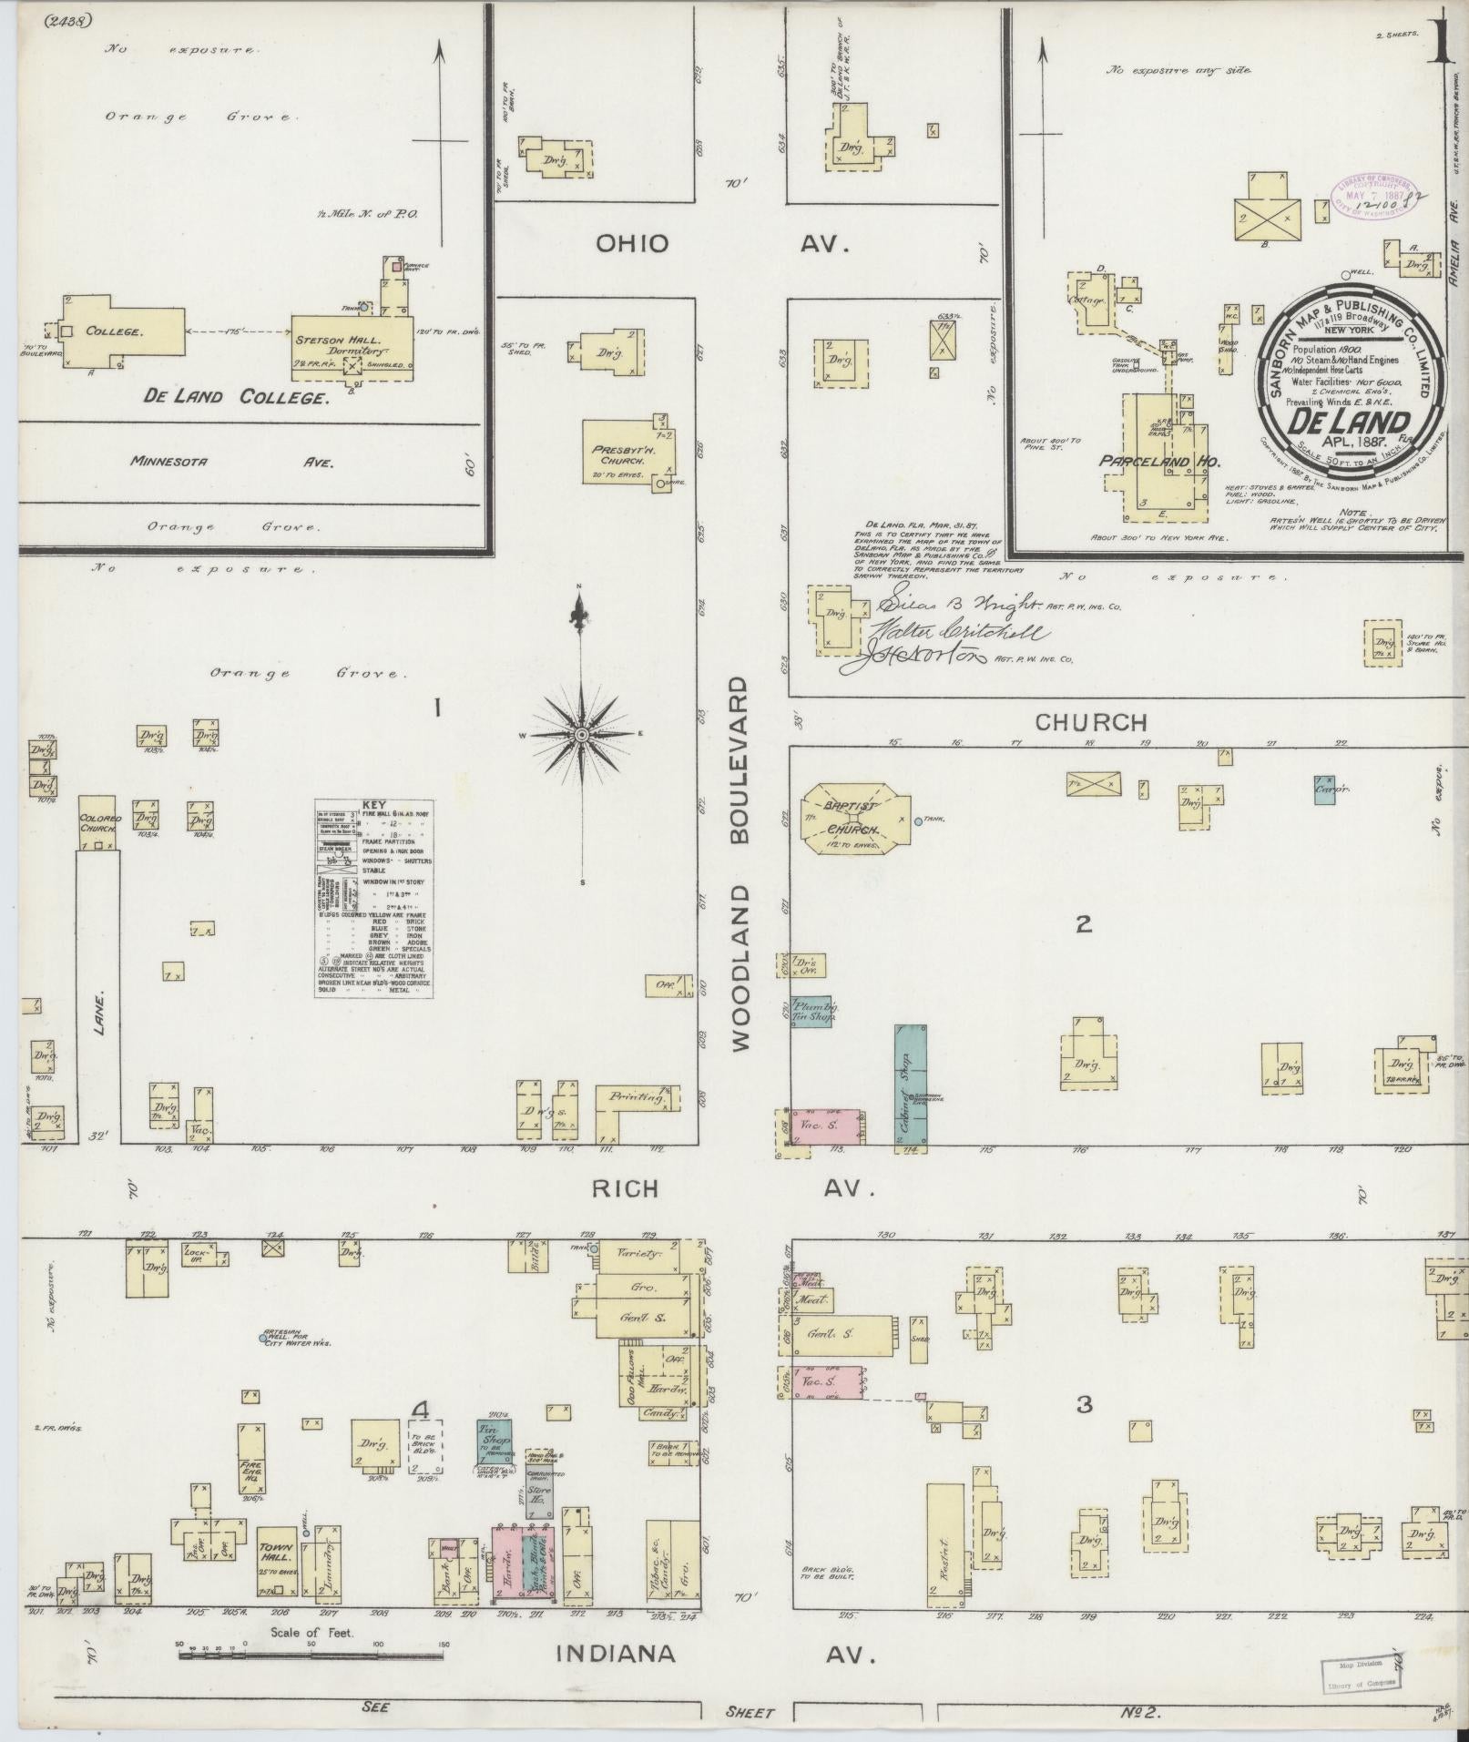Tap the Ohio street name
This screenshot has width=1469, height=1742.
[632, 244]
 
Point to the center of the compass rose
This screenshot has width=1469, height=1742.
[580, 734]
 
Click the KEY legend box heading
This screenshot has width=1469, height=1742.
[374, 805]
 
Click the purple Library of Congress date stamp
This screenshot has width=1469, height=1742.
[1377, 193]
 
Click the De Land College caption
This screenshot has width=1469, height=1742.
[235, 397]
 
